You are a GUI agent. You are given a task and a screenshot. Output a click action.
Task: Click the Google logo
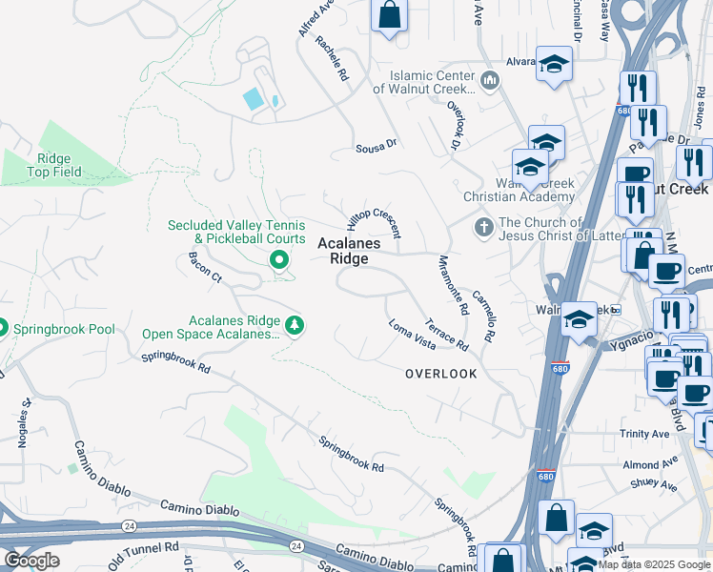pos(31,561)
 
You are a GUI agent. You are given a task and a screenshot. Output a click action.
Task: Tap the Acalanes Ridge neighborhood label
pos(348,251)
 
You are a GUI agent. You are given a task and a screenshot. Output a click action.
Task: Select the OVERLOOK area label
pos(440,374)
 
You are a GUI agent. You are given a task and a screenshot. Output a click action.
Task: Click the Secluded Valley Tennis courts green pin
pos(279,258)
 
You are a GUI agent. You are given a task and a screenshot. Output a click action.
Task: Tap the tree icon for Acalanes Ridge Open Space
pos(295,326)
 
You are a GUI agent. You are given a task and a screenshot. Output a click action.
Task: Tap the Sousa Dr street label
pos(376,146)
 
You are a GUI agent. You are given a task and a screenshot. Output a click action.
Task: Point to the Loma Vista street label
pos(412,333)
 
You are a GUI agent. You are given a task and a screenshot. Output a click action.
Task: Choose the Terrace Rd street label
pos(446,333)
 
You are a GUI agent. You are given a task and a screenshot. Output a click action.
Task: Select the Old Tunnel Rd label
pos(144,550)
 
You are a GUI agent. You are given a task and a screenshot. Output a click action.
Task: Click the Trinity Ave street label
pos(644,434)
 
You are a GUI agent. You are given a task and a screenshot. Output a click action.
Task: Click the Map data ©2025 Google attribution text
pos(655,564)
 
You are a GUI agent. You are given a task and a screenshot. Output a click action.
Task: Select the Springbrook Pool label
pos(63,330)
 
